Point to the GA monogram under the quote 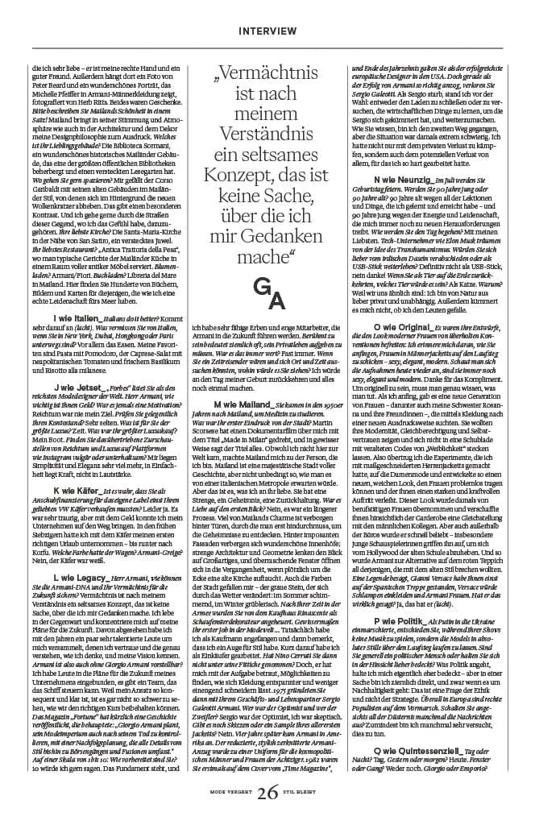(267, 294)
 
